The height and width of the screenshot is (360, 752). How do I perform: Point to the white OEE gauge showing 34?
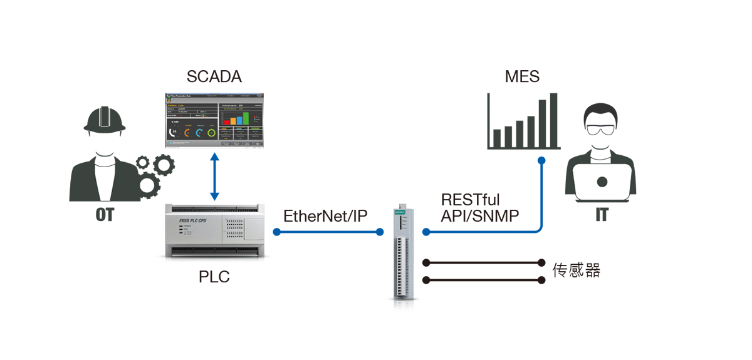point(174,132)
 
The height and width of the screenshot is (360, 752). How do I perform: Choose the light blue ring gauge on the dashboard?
point(199,133)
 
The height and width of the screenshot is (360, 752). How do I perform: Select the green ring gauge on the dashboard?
point(212,133)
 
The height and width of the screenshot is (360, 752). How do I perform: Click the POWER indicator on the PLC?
point(181,228)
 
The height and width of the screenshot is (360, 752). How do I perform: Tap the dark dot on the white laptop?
point(602,182)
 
